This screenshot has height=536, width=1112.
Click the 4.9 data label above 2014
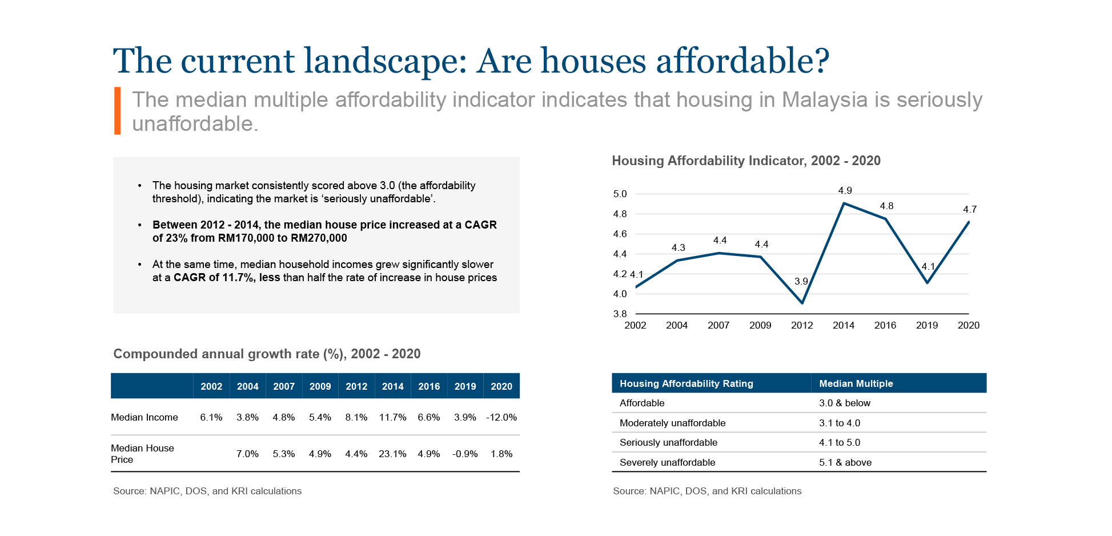point(845,191)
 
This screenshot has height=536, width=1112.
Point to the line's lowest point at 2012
point(802,303)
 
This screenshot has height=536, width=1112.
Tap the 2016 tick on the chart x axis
point(885,326)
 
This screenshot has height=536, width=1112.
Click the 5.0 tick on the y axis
point(620,194)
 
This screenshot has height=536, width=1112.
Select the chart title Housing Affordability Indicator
point(746,161)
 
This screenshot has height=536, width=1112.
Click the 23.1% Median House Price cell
point(392,454)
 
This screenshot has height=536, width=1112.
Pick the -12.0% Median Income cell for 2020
point(501,418)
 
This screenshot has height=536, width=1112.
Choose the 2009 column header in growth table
point(320,387)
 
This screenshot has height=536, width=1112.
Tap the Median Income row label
point(144,418)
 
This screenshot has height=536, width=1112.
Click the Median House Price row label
point(142,454)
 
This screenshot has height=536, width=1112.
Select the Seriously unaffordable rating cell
point(668,443)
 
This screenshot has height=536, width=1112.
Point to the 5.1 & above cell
point(845,463)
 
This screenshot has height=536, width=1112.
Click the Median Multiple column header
point(856,384)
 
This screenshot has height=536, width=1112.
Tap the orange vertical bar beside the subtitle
point(117,111)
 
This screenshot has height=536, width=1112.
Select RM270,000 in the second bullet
point(319,238)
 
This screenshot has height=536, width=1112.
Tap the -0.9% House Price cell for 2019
point(465,454)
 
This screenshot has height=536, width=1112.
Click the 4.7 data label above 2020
point(969,210)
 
